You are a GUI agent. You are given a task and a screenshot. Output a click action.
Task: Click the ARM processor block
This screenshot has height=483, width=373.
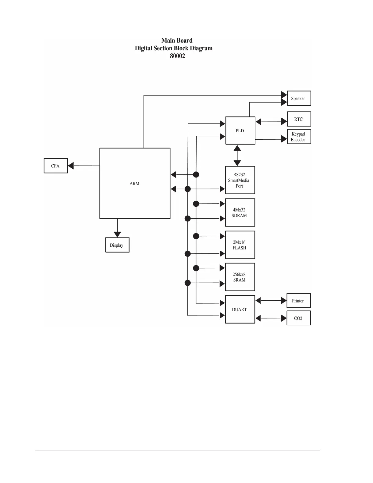[x=135, y=183]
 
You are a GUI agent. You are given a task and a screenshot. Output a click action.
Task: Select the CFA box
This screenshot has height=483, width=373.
[x=56, y=166]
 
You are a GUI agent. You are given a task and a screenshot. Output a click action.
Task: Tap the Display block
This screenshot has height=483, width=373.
[x=117, y=245]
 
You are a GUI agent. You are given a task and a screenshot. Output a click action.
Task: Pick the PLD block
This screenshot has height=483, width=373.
[x=240, y=131]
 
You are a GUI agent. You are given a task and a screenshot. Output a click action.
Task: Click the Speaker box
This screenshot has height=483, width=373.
[x=299, y=98]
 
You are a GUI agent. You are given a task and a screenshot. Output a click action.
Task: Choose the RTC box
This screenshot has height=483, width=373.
[x=299, y=119]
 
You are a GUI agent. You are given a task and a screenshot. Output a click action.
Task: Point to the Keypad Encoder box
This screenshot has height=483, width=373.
[x=299, y=137]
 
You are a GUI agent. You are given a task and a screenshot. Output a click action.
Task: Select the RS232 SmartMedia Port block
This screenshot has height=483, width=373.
[x=240, y=180]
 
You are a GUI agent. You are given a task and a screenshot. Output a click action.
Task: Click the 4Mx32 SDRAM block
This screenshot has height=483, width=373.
[x=240, y=213]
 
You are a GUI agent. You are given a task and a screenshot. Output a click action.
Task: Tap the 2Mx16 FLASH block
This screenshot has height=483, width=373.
[x=240, y=245]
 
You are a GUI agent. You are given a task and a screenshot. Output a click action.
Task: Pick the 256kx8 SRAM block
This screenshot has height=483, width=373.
[x=240, y=277]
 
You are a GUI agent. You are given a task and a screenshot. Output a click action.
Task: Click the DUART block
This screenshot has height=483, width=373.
[x=240, y=309]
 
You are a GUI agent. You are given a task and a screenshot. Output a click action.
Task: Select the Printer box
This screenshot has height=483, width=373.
[x=298, y=301]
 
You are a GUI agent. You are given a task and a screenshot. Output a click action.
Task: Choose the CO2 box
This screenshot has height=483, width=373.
[x=298, y=318]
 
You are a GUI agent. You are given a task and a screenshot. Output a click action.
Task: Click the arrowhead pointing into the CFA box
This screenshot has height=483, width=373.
[x=71, y=166]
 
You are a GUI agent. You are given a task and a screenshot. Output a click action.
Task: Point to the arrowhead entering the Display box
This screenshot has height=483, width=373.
[x=117, y=234]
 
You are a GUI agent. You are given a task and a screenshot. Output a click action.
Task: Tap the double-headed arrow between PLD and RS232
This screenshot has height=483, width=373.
[x=237, y=156]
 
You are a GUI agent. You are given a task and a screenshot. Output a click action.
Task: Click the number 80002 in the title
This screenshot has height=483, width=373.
[x=177, y=56]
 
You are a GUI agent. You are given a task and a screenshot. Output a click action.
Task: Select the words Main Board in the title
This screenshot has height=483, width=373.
[x=177, y=41]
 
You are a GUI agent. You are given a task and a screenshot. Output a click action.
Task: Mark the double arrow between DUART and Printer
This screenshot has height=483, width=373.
[x=271, y=301]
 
